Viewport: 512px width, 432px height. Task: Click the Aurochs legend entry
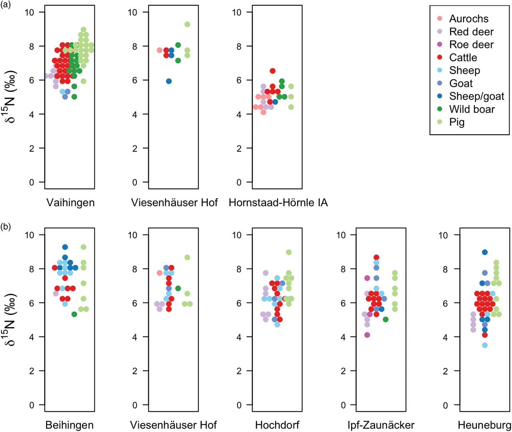coord(468,19)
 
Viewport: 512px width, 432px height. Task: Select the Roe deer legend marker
coord(440,44)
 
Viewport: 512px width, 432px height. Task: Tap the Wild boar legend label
coord(472,109)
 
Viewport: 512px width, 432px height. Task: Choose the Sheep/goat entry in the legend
coord(476,96)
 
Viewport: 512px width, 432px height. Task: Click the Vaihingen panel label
coord(70,203)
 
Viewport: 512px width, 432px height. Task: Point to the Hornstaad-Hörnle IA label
coord(278,203)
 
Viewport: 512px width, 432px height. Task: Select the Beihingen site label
coord(70,425)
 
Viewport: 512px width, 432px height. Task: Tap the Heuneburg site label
coord(484,425)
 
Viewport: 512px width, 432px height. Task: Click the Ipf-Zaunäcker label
coord(381,425)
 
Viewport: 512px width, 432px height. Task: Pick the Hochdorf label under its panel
coord(277,425)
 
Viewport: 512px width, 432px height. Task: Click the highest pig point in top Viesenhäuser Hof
coord(187,24)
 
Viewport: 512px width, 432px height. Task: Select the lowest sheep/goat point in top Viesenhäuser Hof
coord(169,81)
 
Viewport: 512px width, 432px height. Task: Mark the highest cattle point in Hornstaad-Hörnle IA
coord(272,71)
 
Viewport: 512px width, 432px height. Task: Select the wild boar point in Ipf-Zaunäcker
coord(386,319)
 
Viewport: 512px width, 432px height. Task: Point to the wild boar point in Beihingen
coord(74,314)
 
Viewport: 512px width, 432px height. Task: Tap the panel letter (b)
coord(6,227)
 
